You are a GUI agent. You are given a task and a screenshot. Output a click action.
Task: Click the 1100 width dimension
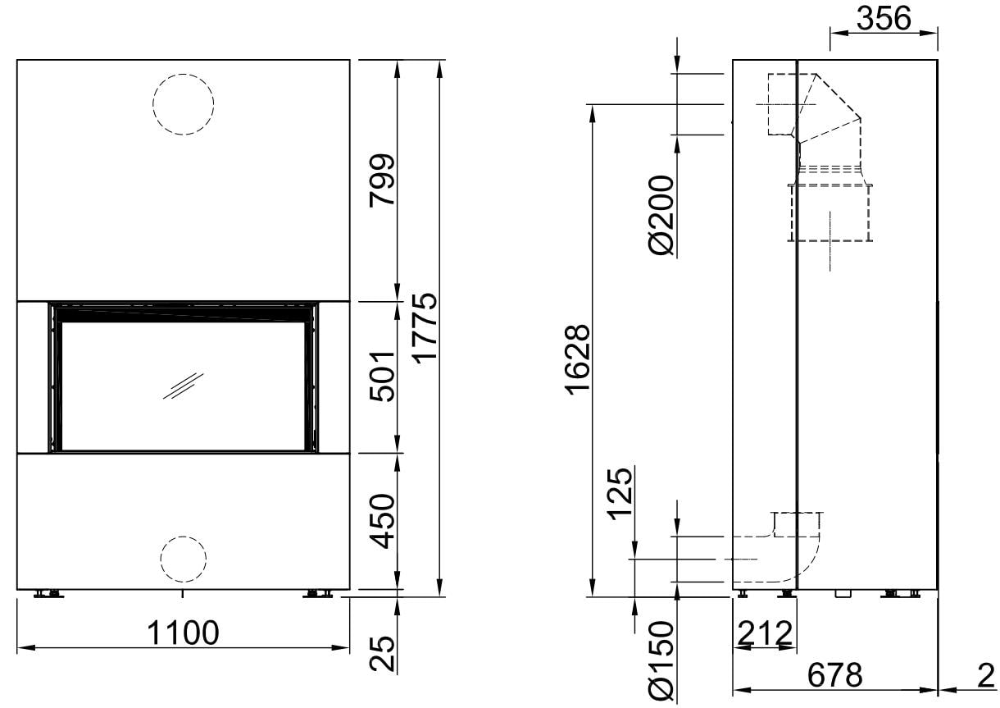point(183,633)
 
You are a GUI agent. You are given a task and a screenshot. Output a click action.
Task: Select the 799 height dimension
point(382,180)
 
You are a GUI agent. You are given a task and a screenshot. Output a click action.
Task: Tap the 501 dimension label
point(382,377)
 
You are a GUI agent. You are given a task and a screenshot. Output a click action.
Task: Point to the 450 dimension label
point(382,521)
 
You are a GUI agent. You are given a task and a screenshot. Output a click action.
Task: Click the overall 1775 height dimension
point(424,328)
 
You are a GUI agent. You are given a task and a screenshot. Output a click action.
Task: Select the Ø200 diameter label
point(661,215)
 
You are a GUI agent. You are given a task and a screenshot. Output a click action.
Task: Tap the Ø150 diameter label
point(661,661)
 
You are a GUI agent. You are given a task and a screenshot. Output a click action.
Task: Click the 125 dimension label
point(620,494)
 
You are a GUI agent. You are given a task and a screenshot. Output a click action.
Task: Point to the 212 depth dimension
point(765,633)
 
